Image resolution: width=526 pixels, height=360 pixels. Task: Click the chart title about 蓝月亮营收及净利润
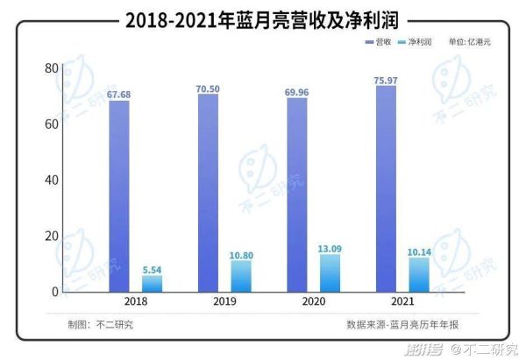(263, 18)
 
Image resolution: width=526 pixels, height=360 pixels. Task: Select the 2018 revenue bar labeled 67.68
(119, 196)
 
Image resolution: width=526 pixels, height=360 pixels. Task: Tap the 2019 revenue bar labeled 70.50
(208, 193)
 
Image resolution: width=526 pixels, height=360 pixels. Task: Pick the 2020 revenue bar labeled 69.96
(297, 194)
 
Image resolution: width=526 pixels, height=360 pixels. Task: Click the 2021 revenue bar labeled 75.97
(386, 188)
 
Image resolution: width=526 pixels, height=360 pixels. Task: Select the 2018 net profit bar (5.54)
(153, 283)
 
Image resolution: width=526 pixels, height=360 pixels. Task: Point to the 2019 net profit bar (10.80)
(241, 276)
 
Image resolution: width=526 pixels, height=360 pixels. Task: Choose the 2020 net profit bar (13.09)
(331, 272)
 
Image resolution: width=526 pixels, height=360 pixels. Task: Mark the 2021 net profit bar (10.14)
(419, 276)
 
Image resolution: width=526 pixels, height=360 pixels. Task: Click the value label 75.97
(387, 80)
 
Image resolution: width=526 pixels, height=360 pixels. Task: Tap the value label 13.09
(331, 248)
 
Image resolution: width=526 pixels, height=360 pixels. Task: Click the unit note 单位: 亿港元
(469, 42)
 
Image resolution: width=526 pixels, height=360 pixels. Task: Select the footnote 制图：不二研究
(96, 324)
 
